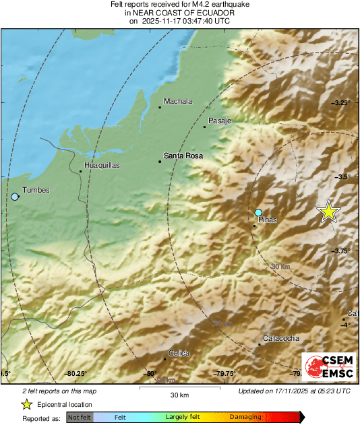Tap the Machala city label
tap(178, 102)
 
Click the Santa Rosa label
tap(183, 156)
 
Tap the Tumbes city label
tap(36, 191)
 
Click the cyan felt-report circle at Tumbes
tap(15, 197)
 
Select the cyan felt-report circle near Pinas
tap(258, 213)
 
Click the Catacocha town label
tap(281, 338)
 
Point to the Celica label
tap(179, 353)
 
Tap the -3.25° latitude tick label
tap(342, 102)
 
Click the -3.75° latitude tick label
tap(342, 251)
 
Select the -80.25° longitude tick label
tap(76, 373)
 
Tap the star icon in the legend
tap(26, 404)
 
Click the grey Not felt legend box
tap(80, 418)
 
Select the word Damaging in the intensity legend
tap(245, 418)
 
